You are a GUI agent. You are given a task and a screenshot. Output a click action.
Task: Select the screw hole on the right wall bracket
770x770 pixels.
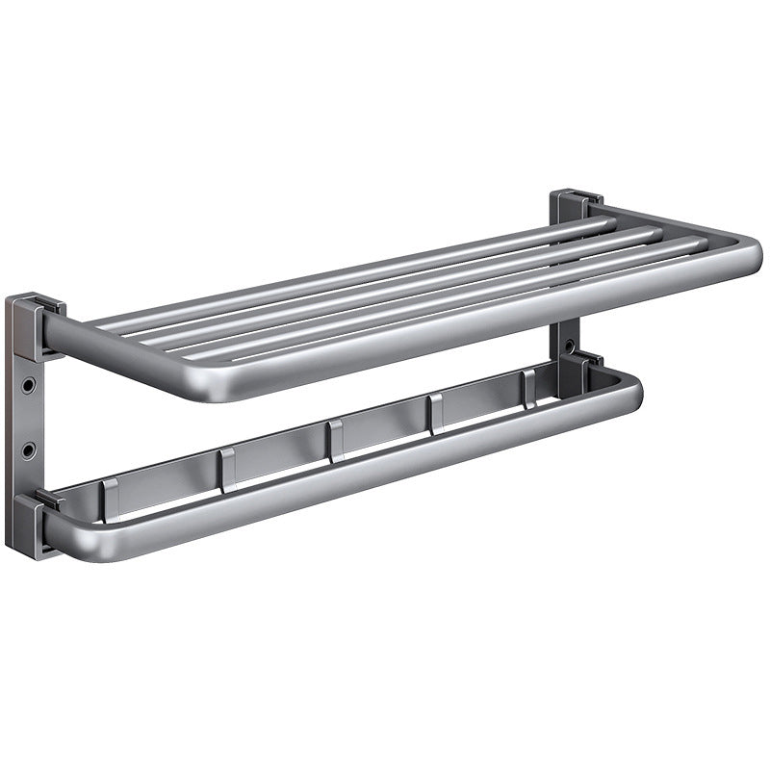point(572,345)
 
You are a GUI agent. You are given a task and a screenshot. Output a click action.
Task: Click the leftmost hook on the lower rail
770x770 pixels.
point(108,498)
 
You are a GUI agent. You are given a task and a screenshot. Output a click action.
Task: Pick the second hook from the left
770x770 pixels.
point(226,469)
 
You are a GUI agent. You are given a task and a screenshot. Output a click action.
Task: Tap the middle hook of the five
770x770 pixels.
point(334,441)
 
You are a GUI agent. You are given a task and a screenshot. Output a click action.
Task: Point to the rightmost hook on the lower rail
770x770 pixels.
point(527,388)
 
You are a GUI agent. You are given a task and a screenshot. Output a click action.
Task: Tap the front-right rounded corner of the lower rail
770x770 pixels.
point(630,391)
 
